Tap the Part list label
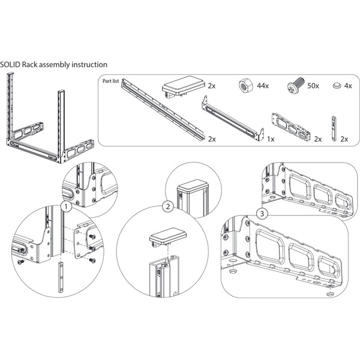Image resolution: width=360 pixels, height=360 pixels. [112, 80]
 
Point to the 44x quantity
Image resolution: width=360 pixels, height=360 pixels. [263, 86]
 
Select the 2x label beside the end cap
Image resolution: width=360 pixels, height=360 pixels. [212, 86]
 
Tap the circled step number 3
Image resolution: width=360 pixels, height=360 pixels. [262, 214]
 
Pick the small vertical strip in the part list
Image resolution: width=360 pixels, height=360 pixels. [335, 127]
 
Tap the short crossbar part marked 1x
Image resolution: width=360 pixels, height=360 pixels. [234, 119]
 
